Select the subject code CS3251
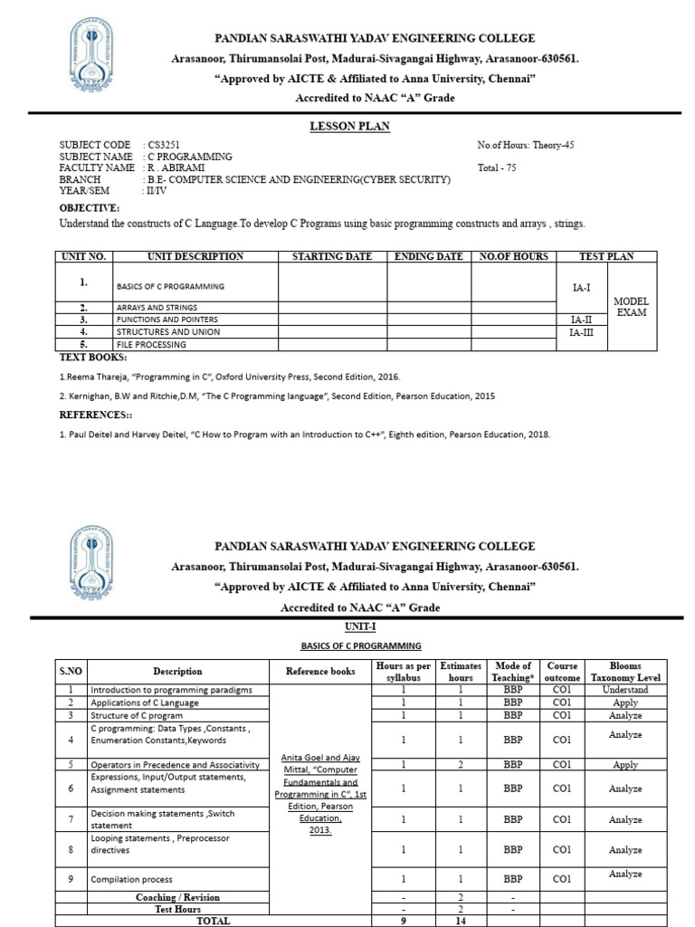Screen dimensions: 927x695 point(162,145)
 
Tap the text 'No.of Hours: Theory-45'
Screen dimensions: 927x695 point(525,145)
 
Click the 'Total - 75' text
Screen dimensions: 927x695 point(497,167)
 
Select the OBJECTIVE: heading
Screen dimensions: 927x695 point(90,207)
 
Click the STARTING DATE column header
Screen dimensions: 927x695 point(332,256)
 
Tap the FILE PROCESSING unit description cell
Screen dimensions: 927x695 point(148,344)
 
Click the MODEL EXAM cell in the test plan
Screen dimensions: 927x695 point(632,306)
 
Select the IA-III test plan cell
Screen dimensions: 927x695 point(580,332)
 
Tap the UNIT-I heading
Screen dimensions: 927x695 point(360,626)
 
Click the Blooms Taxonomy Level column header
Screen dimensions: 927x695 point(625,671)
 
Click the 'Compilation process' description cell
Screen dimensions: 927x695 point(131,879)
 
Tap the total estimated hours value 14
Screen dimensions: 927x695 point(461,921)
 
